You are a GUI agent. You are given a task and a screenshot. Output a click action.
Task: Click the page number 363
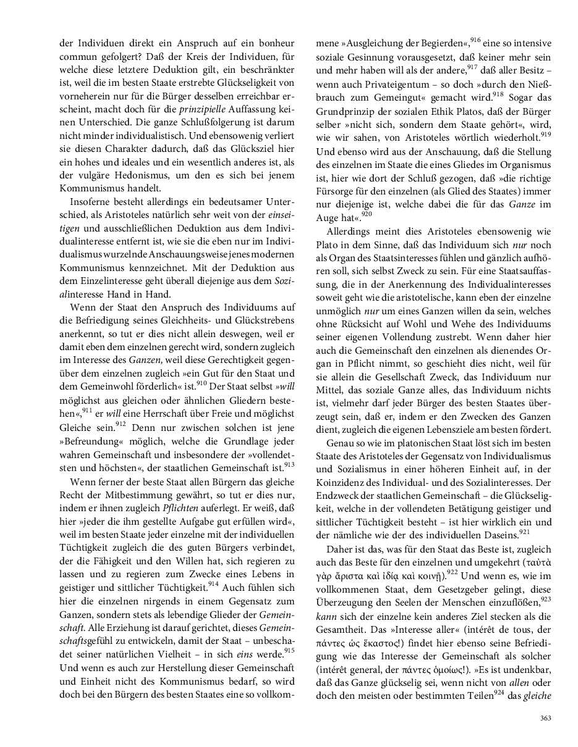545,717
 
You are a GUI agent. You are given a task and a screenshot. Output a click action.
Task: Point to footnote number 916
475,40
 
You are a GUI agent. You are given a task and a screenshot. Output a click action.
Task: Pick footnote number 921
524,531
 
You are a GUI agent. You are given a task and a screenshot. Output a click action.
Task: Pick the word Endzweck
339,496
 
